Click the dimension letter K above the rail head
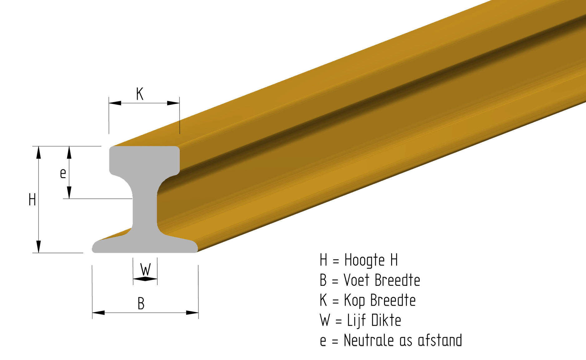[x=140, y=94]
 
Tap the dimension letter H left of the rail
[x=32, y=200]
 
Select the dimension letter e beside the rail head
[x=63, y=173]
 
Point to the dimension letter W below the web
[x=145, y=269]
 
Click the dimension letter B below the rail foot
[x=141, y=304]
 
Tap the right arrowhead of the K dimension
[x=173, y=103]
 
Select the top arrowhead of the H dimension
[x=39, y=152]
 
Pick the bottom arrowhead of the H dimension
[x=39, y=246]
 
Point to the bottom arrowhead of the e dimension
[x=69, y=192]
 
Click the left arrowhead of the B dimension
[x=98, y=313]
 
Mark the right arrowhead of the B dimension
[x=192, y=313]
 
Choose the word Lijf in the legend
[x=356, y=321]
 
